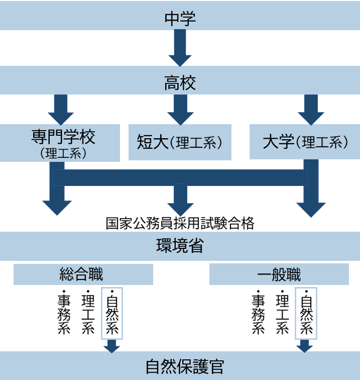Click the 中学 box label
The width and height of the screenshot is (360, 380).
pyautogui.click(x=180, y=19)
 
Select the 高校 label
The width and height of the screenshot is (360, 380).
pyautogui.click(x=180, y=82)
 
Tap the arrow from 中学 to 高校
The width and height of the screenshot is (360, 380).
pyautogui.click(x=180, y=48)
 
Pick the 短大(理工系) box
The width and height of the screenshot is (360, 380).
pyautogui.click(x=180, y=142)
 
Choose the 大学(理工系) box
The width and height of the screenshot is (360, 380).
pyautogui.click(x=305, y=142)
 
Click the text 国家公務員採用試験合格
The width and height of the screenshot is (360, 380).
pyautogui.click(x=180, y=223)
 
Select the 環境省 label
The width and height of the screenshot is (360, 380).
pyautogui.click(x=180, y=246)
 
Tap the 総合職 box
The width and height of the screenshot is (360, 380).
pyautogui.click(x=83, y=274)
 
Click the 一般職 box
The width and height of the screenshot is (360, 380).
pyautogui.click(x=279, y=274)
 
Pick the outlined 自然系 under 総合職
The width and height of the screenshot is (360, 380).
pyautogui.click(x=112, y=313)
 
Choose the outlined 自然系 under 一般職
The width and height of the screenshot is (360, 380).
pyautogui.click(x=306, y=313)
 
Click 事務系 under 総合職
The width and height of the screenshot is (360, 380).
pyautogui.click(x=63, y=313)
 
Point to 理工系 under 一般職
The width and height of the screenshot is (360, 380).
pyautogui.click(x=282, y=313)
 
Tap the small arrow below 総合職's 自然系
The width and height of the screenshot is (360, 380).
pyautogui.click(x=112, y=346)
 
